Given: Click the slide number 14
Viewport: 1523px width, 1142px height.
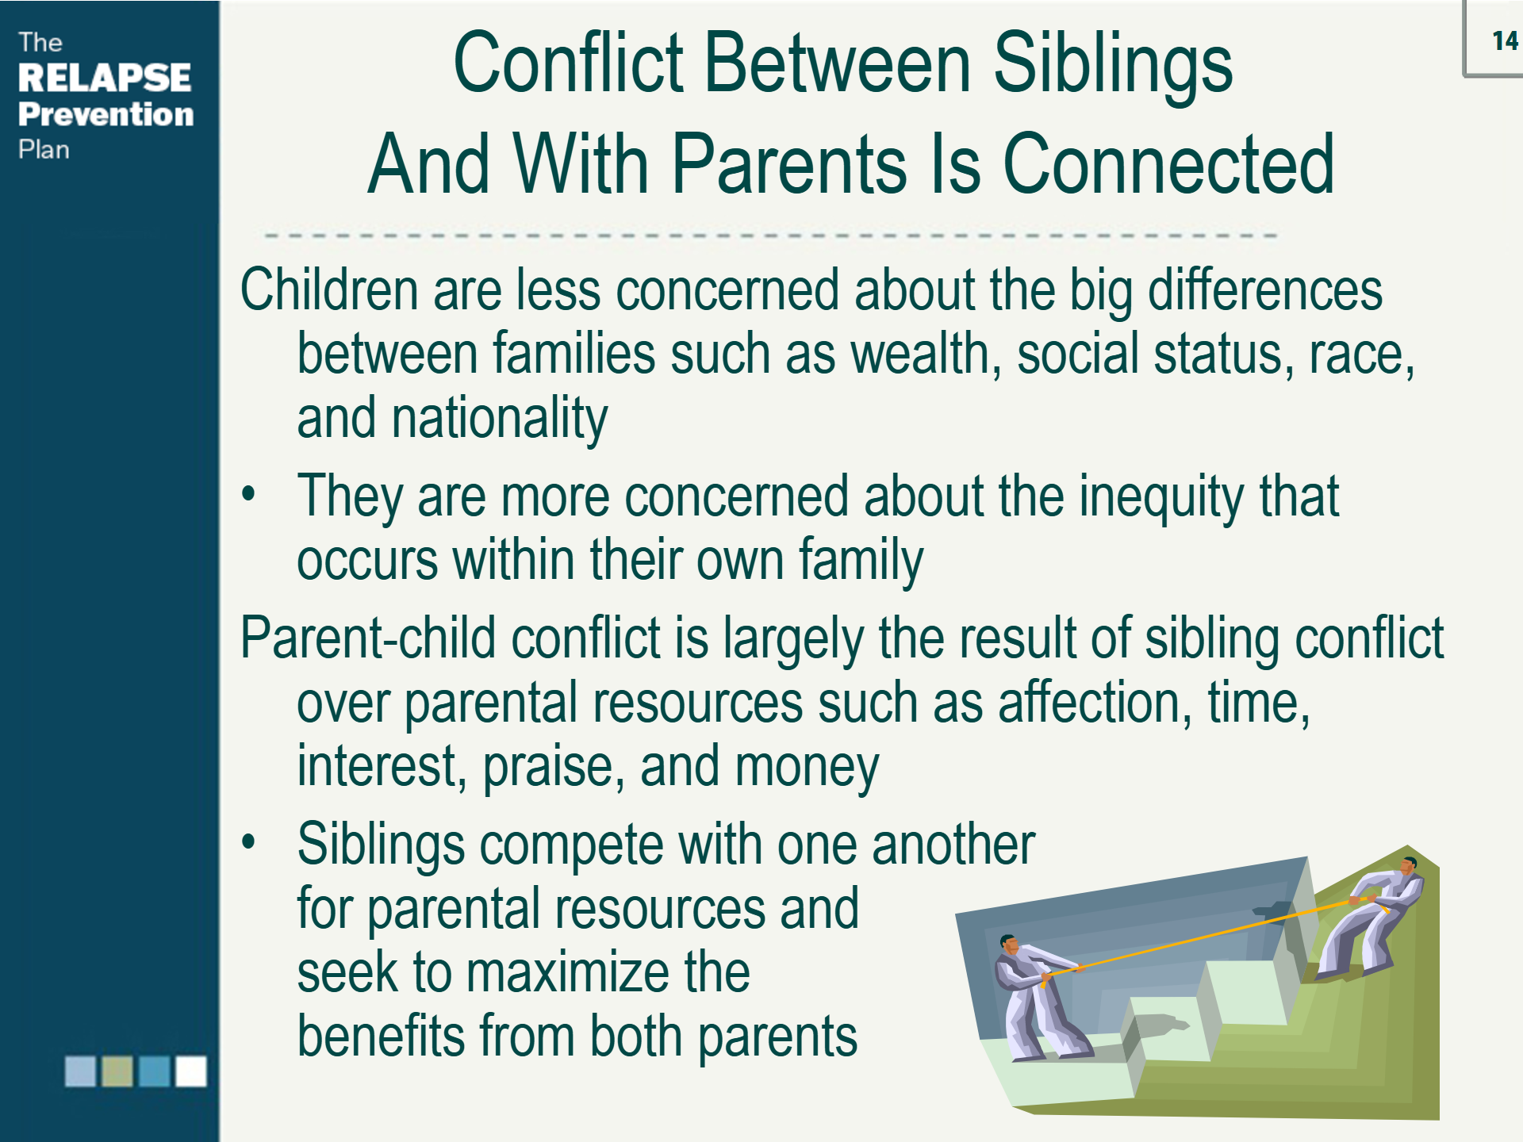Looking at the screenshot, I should pyautogui.click(x=1504, y=40).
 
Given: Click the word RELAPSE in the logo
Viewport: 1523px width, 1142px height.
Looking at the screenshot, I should pyautogui.click(x=104, y=78).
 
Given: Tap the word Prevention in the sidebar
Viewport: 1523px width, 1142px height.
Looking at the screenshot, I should pyautogui.click(x=105, y=114).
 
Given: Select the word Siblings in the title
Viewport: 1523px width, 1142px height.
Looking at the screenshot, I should pyautogui.click(x=1112, y=65).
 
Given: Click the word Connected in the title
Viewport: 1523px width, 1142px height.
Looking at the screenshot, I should pyautogui.click(x=1168, y=164).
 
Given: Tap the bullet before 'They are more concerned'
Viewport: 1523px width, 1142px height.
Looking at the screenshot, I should pyautogui.click(x=249, y=494).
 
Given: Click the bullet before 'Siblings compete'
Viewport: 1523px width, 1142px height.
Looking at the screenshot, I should pyautogui.click(x=249, y=841).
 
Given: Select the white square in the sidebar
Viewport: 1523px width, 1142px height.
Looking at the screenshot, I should pyautogui.click(x=190, y=1071).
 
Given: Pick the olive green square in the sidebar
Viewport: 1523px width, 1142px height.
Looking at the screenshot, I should pyautogui.click(x=117, y=1071).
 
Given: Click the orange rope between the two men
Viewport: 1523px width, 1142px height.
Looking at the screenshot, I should pyautogui.click(x=1198, y=937).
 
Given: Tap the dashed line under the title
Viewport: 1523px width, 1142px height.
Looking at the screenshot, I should pyautogui.click(x=769, y=236).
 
